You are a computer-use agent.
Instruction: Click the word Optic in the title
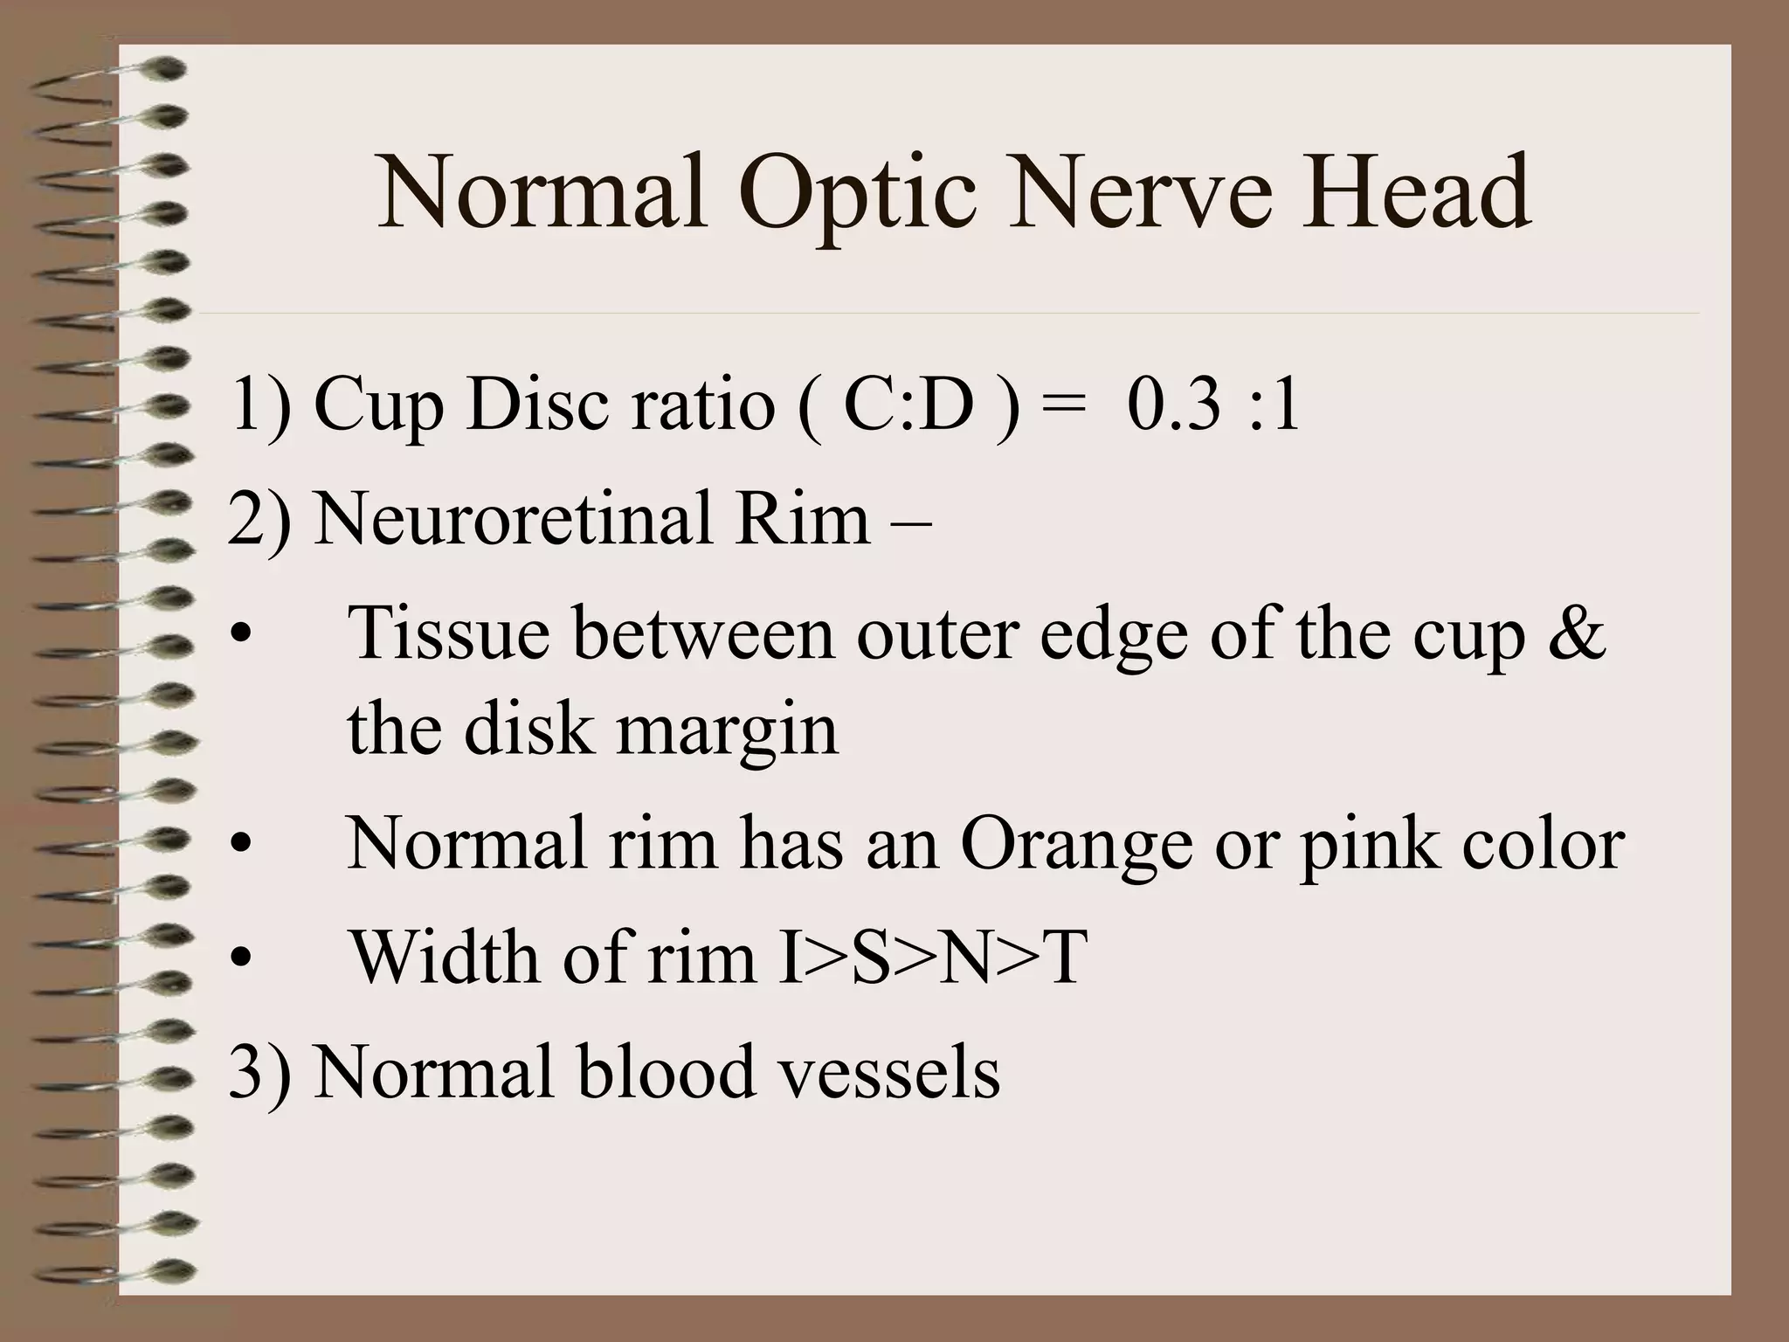(x=857, y=193)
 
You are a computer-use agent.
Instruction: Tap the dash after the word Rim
(x=911, y=522)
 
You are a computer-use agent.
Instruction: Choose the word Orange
(x=1076, y=845)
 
